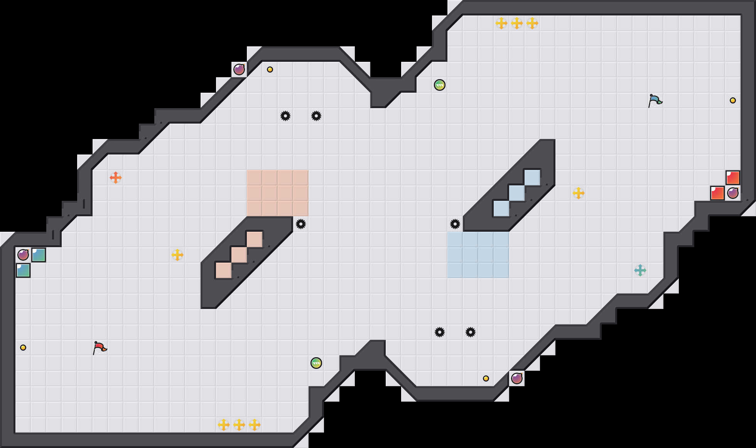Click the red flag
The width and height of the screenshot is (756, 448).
coord(100,348)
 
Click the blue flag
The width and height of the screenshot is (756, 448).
coord(655,100)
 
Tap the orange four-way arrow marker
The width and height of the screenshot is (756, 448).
coord(116,178)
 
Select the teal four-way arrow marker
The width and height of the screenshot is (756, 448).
coord(640,270)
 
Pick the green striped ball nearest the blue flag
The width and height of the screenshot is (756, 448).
coord(440,85)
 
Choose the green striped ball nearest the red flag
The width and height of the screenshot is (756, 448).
coord(316,363)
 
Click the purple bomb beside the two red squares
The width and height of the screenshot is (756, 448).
coord(733,193)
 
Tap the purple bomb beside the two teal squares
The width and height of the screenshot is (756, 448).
coord(23,255)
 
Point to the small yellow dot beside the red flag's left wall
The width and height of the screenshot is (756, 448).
coord(23,348)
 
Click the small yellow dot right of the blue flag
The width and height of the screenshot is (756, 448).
coord(733,100)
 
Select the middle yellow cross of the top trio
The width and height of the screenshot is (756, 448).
coord(517,23)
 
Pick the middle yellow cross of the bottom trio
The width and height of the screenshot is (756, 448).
coord(239,425)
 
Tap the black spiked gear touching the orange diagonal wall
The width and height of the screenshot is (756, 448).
coord(301,224)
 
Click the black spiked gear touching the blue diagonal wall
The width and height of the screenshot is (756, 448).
coord(455,224)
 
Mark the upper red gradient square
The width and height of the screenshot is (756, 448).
coord(733,178)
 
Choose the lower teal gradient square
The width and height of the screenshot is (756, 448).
coord(23,270)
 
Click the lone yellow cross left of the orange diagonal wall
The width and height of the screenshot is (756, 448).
coord(177,255)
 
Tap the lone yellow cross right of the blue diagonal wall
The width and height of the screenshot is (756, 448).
coord(579,193)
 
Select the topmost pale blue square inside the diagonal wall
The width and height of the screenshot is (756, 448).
coord(532,178)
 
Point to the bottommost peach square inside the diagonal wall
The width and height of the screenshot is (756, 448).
coord(224,270)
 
